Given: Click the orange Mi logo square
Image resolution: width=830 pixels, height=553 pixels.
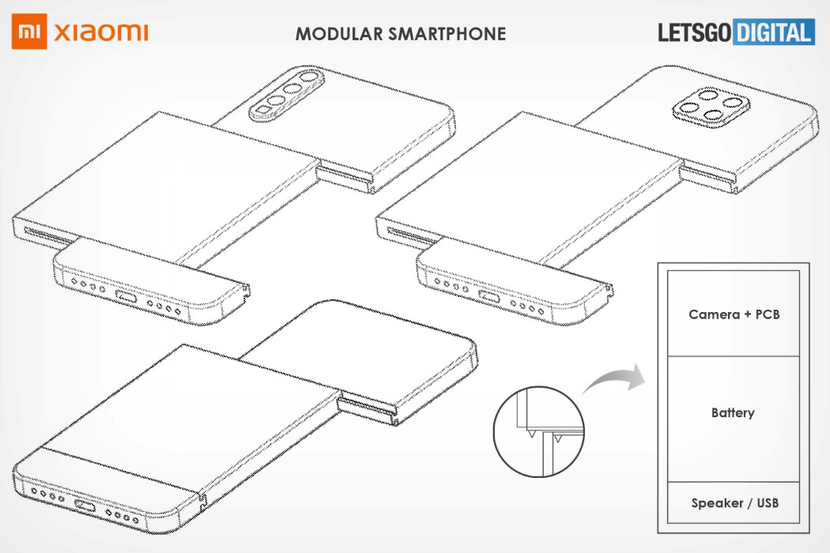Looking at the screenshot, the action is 29,32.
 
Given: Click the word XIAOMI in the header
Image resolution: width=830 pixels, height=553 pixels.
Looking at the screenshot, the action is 100,33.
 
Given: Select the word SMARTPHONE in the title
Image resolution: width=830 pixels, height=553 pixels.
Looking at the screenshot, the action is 447,34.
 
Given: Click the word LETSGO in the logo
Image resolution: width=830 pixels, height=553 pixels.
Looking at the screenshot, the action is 695,32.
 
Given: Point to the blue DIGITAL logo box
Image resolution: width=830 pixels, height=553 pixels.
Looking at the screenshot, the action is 774,32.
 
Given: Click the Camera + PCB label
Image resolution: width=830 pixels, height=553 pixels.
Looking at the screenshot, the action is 734,314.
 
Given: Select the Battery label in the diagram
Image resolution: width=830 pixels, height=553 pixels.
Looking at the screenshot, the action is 733,412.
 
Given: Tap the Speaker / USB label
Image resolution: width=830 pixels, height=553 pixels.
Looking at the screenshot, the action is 734,502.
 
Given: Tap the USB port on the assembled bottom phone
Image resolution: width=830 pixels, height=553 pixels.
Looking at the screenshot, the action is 85,506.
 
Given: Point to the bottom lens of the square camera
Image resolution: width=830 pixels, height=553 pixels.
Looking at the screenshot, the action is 715,116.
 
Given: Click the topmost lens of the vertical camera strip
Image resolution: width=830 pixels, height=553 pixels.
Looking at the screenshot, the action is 307,77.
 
